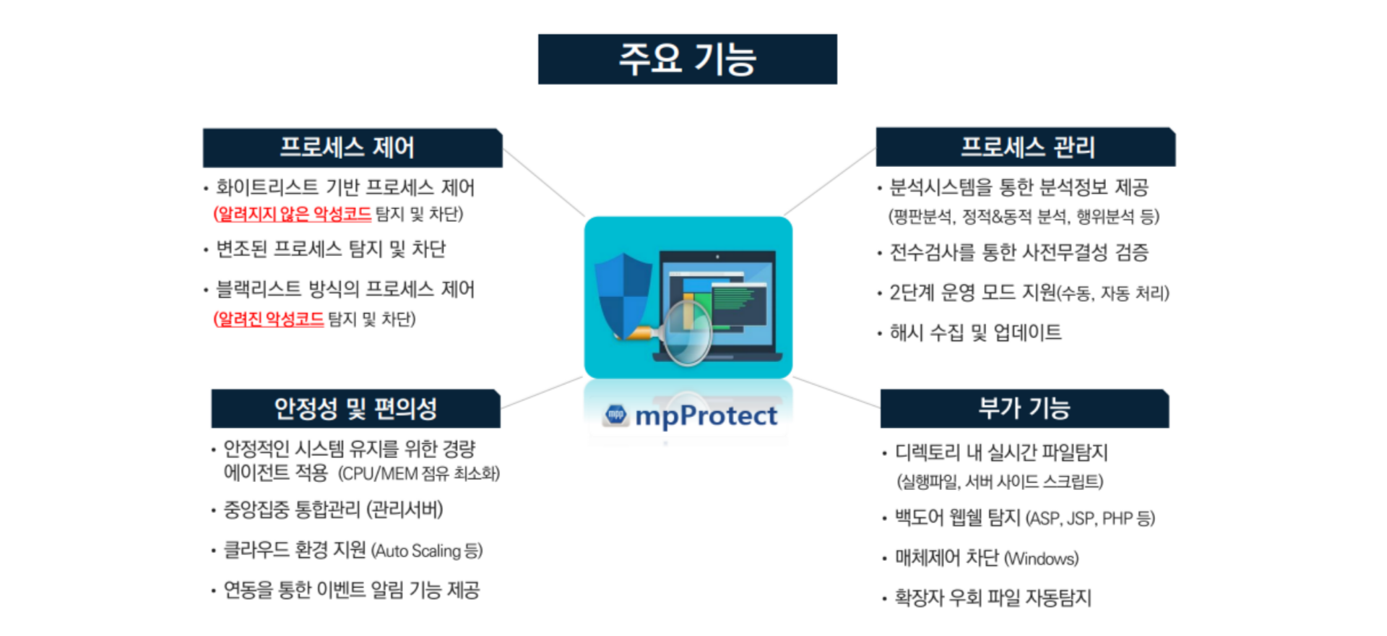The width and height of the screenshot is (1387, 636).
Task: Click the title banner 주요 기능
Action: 688,59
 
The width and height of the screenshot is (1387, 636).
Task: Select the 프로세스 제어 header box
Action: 353,148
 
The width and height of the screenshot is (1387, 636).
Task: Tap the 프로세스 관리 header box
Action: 1026,147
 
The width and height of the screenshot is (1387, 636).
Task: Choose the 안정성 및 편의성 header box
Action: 355,409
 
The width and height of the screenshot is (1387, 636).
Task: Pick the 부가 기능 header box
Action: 1024,409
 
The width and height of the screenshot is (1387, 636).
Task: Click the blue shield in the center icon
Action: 623,295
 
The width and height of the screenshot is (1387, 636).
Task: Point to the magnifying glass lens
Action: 688,331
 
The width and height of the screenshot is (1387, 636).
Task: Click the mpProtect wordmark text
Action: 706,416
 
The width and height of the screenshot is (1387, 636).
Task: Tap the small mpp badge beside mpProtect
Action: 616,415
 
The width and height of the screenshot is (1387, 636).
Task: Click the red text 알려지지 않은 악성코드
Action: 293,214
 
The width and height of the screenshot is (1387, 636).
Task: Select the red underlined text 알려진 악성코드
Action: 269,319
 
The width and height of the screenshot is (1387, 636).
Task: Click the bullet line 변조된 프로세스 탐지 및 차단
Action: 331,249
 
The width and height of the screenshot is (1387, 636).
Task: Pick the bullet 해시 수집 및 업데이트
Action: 975,332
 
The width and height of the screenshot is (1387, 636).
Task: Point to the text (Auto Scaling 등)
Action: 427,551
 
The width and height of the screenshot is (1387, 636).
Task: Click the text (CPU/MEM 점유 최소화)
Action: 419,473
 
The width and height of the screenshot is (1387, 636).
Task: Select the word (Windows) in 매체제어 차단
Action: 1041,559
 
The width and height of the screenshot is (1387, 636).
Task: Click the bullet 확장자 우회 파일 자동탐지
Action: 993,598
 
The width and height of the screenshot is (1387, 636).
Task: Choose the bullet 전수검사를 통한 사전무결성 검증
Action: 1019,252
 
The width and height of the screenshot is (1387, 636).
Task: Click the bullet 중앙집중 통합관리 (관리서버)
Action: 333,510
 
